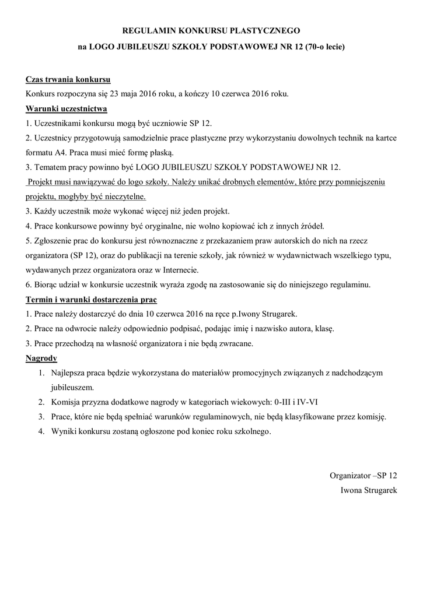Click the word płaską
click(160, 153)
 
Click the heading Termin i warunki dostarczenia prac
click(92, 300)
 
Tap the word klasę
click(324, 329)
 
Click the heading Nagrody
click(41, 357)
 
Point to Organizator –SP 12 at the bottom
click(363, 475)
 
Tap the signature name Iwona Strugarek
click(368, 490)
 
